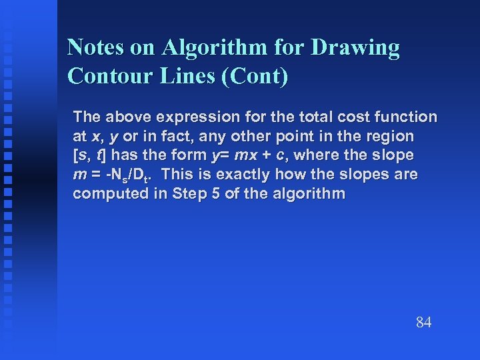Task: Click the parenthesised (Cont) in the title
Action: tap(258, 76)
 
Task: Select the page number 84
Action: tap(424, 323)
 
